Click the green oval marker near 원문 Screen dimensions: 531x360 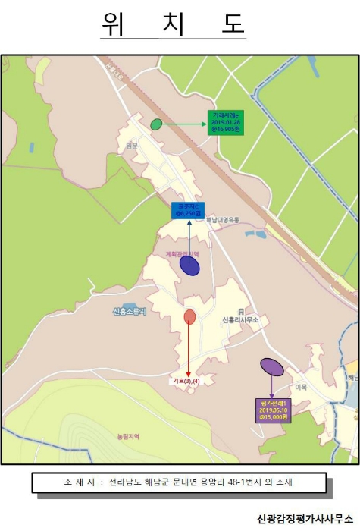156,124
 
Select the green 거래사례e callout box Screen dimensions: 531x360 225,122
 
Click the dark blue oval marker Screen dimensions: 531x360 189,265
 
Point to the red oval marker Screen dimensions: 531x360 189,316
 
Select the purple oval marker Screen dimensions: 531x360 272,367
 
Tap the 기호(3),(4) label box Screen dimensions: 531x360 186,381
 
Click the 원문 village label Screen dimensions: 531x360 133,145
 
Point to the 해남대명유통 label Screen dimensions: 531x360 223,220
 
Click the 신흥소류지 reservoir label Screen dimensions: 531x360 128,312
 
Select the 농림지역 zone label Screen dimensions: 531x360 129,436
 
